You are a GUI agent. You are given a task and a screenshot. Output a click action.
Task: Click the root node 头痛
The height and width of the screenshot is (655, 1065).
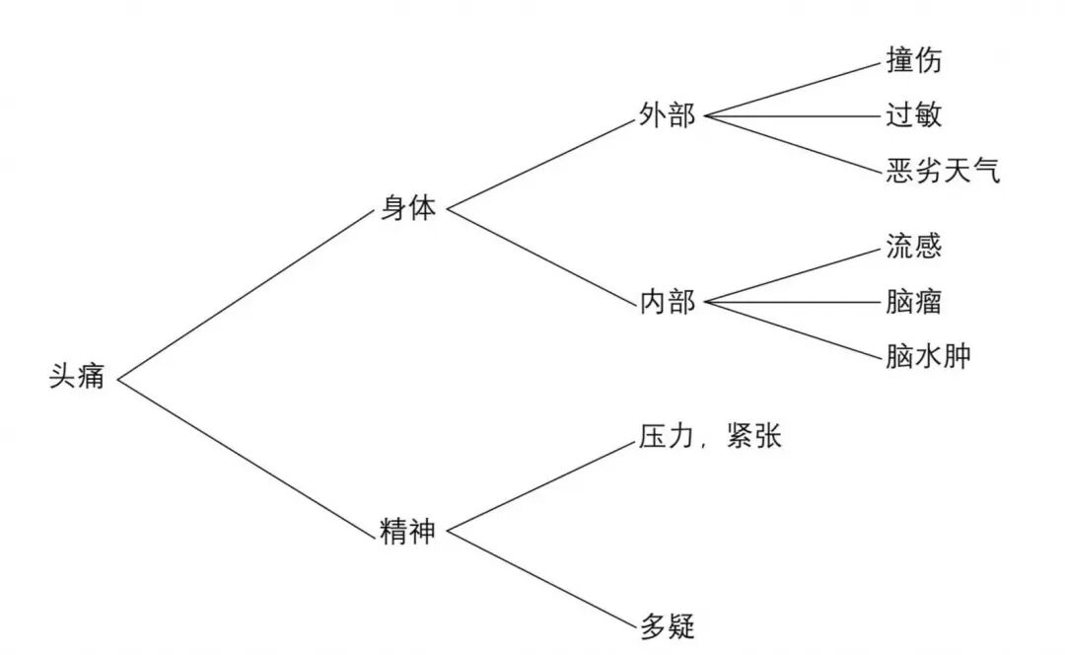(77, 377)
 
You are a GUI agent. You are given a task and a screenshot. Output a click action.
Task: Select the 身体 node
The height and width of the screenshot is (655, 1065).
(407, 209)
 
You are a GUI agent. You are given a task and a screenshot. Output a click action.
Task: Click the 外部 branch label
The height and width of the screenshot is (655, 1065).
(668, 116)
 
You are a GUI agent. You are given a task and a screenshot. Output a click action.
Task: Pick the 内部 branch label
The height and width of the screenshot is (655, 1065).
(668, 303)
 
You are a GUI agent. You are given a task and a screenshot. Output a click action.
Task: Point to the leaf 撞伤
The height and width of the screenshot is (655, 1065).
(913, 60)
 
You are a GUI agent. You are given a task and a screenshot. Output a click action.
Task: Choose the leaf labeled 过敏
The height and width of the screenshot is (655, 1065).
(913, 116)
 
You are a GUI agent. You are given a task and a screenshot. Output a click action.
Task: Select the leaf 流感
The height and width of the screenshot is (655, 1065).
(913, 246)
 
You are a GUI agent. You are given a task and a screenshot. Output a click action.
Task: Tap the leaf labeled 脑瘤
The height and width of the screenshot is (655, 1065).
(913, 302)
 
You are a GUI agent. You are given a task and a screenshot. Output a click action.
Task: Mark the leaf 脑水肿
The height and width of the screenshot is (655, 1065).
(928, 357)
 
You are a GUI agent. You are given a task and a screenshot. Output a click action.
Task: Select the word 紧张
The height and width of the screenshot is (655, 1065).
(752, 436)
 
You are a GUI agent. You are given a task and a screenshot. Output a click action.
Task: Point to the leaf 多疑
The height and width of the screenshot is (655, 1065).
(668, 625)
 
